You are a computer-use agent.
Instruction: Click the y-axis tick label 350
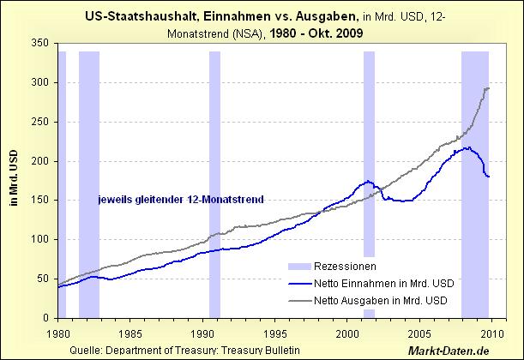(x=40, y=44)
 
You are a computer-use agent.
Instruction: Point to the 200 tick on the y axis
(x=40, y=161)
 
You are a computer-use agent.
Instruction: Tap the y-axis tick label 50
(x=43, y=279)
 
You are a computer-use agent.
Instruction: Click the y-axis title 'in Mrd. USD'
(x=13, y=180)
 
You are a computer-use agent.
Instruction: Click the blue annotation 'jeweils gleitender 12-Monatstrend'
(x=179, y=199)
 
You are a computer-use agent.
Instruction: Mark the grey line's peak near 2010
(x=488, y=88)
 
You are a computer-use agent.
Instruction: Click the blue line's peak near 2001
(x=368, y=181)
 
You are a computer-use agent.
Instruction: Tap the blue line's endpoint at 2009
(x=489, y=177)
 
